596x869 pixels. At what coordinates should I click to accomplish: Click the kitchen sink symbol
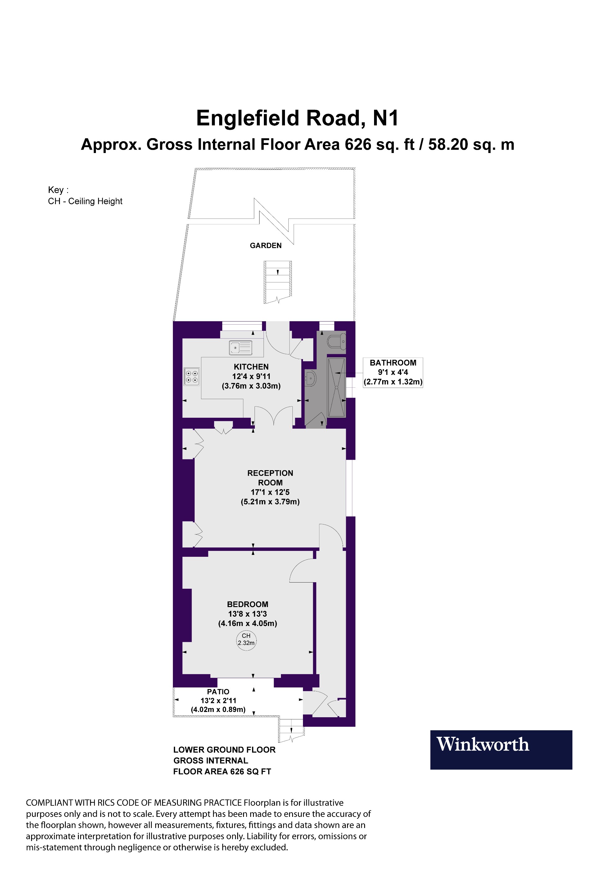pos(241,347)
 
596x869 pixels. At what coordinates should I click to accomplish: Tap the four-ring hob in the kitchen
pos(192,376)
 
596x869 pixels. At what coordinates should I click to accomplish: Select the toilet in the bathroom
pos(336,341)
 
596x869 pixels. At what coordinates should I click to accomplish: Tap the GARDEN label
pos(265,246)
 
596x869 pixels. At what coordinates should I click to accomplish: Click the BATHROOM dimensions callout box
pos(393,372)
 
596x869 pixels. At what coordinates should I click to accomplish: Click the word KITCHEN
pos(251,367)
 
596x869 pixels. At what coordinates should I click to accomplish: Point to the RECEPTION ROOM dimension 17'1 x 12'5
pos(270,492)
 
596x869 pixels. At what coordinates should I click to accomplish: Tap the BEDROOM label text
pos(247,604)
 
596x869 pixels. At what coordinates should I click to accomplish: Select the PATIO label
pos(218,692)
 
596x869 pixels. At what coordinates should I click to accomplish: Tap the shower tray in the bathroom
pos(336,387)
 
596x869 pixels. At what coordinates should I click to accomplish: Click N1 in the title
pos(386,118)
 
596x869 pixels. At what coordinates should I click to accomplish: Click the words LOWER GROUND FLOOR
pos(224,750)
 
